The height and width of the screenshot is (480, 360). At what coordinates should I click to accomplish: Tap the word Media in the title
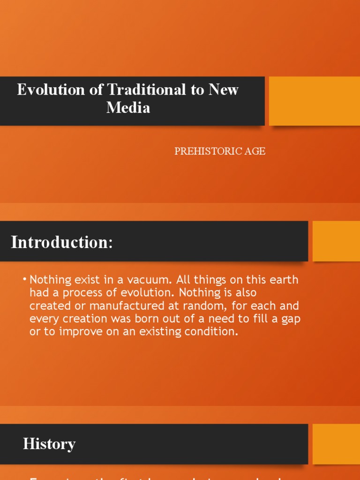(x=128, y=107)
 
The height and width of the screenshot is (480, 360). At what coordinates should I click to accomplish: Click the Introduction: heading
(x=62, y=242)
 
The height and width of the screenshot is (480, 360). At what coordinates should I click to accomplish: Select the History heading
(x=49, y=444)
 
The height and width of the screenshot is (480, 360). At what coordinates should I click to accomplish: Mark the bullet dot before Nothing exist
(x=24, y=280)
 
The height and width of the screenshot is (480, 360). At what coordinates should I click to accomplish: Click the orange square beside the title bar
(x=314, y=101)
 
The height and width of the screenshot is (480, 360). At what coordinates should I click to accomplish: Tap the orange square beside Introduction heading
(x=336, y=241)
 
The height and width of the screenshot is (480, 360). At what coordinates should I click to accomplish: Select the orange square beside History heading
(x=336, y=444)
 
